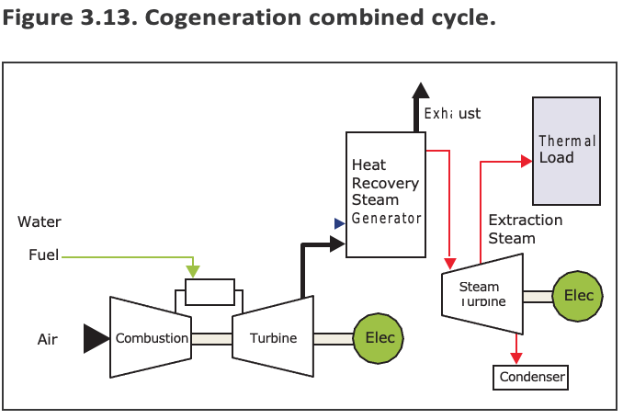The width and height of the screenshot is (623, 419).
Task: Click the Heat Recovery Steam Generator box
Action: coord(386,193)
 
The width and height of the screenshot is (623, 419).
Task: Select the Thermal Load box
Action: coord(567,150)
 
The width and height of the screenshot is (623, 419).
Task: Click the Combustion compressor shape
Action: coord(151,337)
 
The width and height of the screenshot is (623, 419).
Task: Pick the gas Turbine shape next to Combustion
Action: coord(273,337)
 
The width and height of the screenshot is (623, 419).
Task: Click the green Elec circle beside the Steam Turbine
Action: coord(578,296)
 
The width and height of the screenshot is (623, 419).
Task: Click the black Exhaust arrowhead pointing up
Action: coord(420,90)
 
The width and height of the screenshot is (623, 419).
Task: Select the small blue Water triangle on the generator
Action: coord(339,221)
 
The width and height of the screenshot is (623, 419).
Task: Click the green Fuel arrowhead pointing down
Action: coord(192,272)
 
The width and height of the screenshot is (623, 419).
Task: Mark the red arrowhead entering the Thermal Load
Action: coord(527,161)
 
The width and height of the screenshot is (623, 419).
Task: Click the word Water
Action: coord(40,221)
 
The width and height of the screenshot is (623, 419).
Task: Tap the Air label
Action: coord(48,340)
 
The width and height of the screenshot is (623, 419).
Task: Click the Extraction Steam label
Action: coord(525,229)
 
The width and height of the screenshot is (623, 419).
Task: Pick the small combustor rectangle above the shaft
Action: coord(210,292)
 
